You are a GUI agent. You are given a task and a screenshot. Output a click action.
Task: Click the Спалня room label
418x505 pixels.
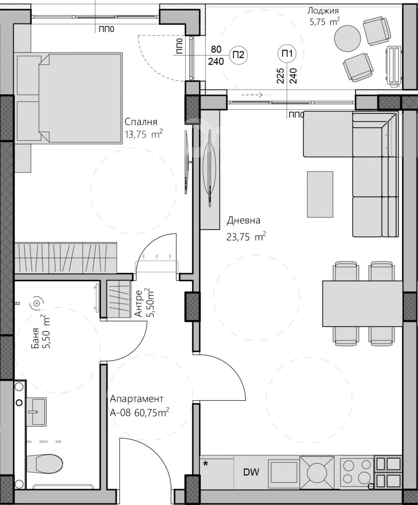point(141,122)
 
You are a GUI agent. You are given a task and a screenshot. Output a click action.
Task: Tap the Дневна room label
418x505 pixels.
point(244,221)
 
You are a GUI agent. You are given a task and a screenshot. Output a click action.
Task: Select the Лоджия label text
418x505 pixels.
point(323,10)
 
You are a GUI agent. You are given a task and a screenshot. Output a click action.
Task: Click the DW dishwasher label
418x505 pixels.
point(251,472)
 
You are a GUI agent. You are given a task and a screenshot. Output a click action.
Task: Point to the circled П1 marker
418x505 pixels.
point(287,53)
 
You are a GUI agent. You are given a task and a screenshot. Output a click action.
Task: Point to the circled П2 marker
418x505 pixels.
point(238,55)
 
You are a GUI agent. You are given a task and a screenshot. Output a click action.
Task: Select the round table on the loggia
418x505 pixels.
point(347,38)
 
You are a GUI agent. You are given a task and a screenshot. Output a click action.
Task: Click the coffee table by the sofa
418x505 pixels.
point(320,195)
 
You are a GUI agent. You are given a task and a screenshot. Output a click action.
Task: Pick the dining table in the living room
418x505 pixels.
point(362,304)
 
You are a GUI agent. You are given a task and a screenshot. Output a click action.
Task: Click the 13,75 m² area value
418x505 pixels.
point(143,134)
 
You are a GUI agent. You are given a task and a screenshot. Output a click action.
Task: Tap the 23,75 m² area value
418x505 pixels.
point(246,237)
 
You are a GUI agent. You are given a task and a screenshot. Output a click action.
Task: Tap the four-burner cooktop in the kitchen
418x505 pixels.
point(357,472)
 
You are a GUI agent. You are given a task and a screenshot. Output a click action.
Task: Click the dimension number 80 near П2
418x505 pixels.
point(216,50)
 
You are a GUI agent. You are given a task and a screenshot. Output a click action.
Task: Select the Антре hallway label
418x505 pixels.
point(138,303)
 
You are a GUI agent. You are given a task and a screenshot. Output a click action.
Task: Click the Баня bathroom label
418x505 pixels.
point(36,338)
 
